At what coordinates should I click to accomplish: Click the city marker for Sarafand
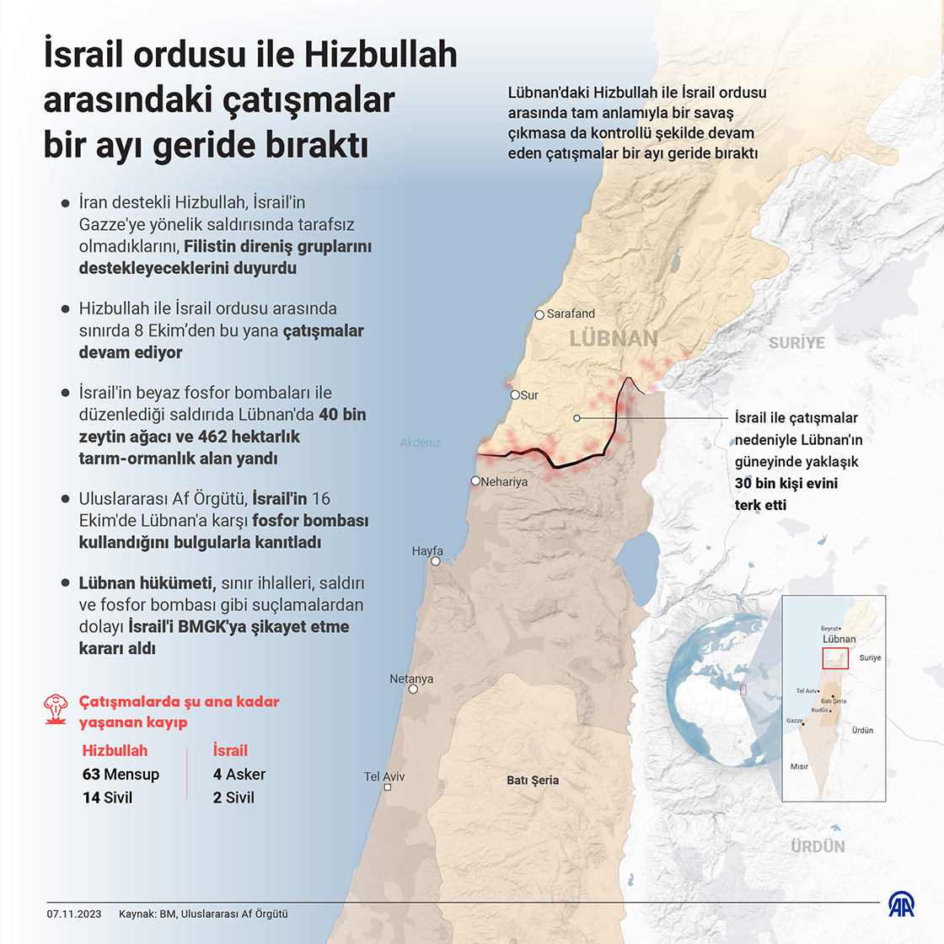coord(539,315)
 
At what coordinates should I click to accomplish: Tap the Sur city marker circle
coord(515,394)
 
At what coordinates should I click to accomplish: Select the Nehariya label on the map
coord(504,482)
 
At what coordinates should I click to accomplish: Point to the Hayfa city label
coord(427,551)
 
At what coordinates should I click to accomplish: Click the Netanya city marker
coord(413,689)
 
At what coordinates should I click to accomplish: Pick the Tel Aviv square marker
coord(387,787)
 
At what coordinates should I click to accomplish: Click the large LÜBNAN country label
coord(614,339)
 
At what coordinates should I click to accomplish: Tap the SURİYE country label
coord(796,343)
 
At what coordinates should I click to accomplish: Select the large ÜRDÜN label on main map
coord(818,846)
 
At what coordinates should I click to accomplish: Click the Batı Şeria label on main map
coord(533,780)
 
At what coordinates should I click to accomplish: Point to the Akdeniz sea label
coord(421,442)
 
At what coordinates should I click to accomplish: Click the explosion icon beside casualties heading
coord(56,710)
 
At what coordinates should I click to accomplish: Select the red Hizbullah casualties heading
coord(115,751)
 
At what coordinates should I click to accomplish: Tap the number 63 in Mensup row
coord(91,775)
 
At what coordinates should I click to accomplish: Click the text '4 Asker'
coord(239,775)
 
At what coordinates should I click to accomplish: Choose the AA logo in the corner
coord(901,904)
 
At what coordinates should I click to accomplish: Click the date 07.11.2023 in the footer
coord(74,914)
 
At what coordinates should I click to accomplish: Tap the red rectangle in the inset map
coord(835,658)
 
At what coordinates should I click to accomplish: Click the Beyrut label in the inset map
coord(830,629)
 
